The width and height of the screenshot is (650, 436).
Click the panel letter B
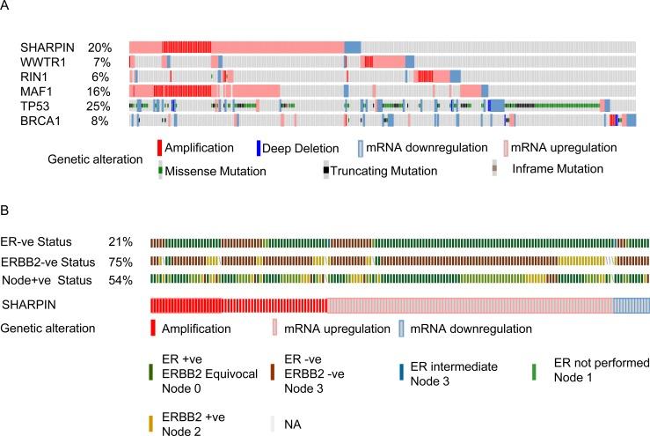pyautogui.click(x=6, y=214)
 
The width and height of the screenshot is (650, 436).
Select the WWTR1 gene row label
pyautogui.click(x=41, y=62)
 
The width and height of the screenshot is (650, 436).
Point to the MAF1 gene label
pyautogui.click(x=37, y=91)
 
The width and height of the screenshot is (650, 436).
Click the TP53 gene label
pyautogui.click(x=36, y=106)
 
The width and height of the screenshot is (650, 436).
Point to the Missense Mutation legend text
pyautogui.click(x=217, y=168)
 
